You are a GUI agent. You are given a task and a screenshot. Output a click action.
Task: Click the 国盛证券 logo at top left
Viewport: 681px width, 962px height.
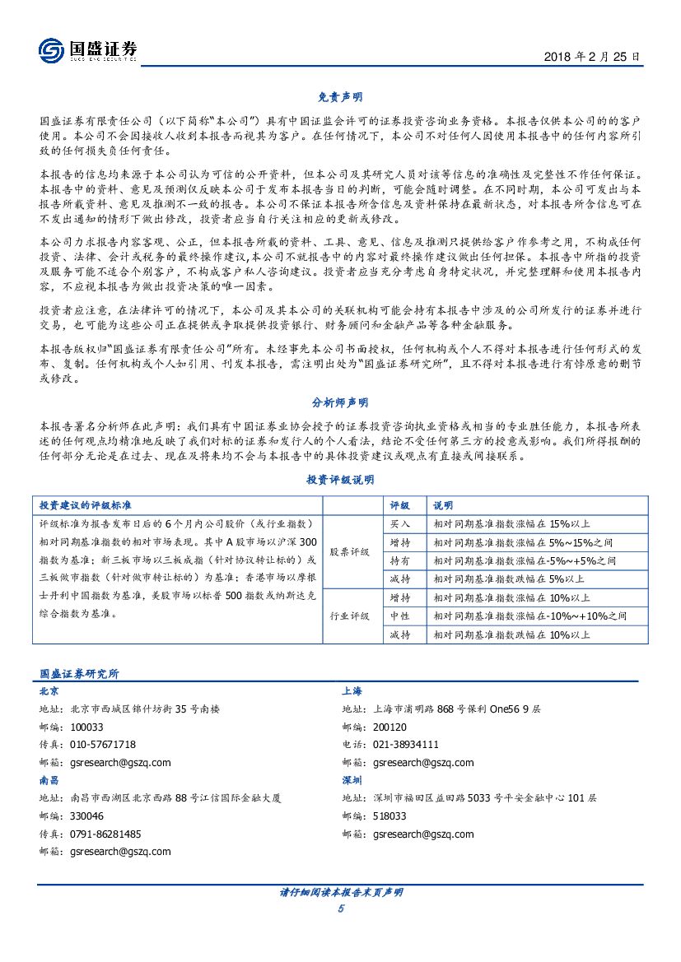click(87, 51)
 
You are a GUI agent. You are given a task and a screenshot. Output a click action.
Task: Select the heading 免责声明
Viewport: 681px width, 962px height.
click(340, 97)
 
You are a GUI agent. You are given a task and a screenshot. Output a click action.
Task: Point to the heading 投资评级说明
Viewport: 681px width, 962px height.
click(340, 480)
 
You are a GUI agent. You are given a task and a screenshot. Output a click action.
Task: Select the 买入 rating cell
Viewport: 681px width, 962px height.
click(400, 523)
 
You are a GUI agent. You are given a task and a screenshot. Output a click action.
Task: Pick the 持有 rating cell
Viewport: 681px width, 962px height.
click(400, 560)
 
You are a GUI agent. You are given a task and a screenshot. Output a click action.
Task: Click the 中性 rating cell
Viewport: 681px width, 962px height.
click(400, 616)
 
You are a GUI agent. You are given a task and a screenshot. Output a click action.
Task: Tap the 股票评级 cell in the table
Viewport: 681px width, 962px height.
click(350, 551)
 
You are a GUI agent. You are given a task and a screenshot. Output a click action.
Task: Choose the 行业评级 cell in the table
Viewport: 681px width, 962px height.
click(350, 616)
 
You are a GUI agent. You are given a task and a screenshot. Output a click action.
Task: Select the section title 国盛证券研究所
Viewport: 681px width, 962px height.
click(79, 673)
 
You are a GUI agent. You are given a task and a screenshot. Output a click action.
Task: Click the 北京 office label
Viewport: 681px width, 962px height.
click(49, 691)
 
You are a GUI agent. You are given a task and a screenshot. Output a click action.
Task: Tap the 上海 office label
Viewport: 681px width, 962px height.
click(352, 691)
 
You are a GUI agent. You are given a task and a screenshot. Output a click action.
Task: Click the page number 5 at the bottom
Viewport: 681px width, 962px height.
click(340, 909)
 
